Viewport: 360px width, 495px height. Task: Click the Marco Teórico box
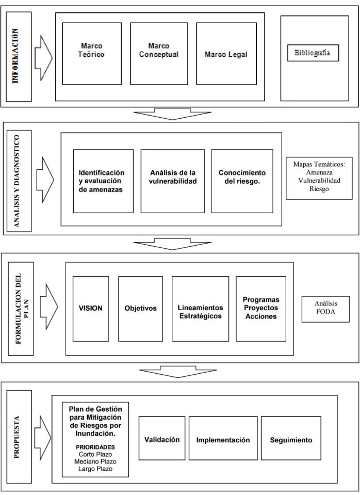tap(92, 54)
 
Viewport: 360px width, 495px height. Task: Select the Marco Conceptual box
tap(159, 54)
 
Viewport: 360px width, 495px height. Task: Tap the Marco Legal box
tap(226, 54)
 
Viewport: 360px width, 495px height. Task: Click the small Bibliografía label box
tap(313, 53)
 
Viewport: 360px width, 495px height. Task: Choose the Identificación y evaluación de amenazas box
tap(103, 181)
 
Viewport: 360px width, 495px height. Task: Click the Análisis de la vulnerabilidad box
tap(173, 181)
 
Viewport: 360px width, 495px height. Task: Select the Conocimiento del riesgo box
tap(242, 181)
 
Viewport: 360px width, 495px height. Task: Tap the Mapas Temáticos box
tap(319, 178)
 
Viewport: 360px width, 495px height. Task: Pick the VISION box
tap(91, 309)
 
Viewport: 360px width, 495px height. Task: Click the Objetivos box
tap(141, 309)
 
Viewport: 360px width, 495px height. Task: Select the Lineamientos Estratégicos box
tap(200, 309)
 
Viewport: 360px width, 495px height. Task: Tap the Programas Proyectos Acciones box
tap(261, 309)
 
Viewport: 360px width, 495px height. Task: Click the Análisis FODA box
tap(325, 309)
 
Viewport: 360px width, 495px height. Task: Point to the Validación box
tap(162, 438)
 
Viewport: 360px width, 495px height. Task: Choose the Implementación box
tap(223, 438)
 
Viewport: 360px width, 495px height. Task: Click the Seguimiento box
tap(291, 438)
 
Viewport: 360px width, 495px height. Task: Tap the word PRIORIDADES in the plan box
tap(95, 448)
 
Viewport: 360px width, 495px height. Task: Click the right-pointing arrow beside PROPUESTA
tap(43, 438)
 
